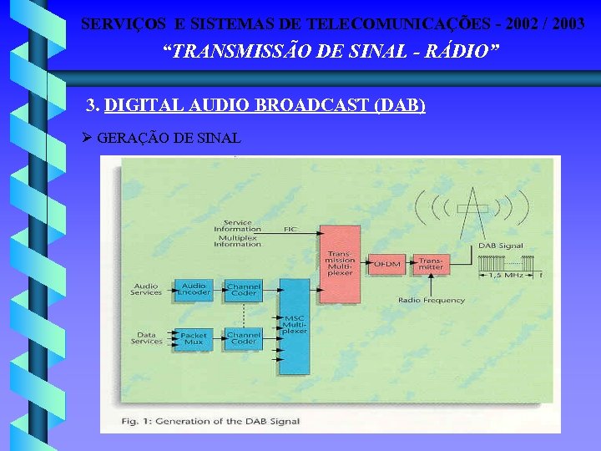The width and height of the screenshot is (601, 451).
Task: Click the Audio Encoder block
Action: tap(193, 290)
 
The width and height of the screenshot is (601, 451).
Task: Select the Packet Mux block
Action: tap(193, 338)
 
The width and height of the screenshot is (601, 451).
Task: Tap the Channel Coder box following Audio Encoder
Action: tap(243, 290)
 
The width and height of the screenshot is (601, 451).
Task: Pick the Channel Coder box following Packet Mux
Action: tap(243, 338)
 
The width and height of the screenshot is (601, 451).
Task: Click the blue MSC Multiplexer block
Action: tap(295, 325)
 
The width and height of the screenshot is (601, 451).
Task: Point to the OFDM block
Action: tap(386, 264)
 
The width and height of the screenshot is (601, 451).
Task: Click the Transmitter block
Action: tap(431, 264)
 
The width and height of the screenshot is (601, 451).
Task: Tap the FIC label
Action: tap(290, 228)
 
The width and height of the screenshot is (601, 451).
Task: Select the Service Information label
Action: tap(237, 225)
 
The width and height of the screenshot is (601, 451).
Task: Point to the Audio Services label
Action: tap(146, 289)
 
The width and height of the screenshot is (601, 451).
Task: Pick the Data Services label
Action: tap(147, 337)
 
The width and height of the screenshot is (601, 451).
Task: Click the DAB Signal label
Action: tap(501, 246)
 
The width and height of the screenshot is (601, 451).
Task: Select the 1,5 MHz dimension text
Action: tap(507, 275)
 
